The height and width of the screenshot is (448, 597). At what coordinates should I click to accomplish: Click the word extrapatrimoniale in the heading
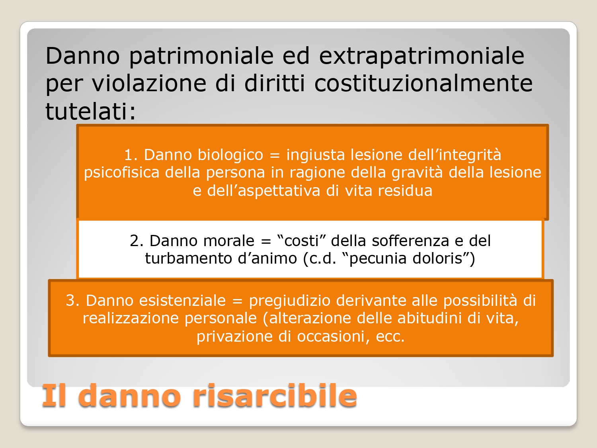click(x=421, y=57)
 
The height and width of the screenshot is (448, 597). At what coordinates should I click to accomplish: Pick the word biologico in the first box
click(x=230, y=155)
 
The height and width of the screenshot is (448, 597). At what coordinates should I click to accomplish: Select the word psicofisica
click(x=121, y=173)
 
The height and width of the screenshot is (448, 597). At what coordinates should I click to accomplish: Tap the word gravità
click(x=417, y=173)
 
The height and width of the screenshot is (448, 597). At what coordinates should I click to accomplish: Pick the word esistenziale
click(x=183, y=301)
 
